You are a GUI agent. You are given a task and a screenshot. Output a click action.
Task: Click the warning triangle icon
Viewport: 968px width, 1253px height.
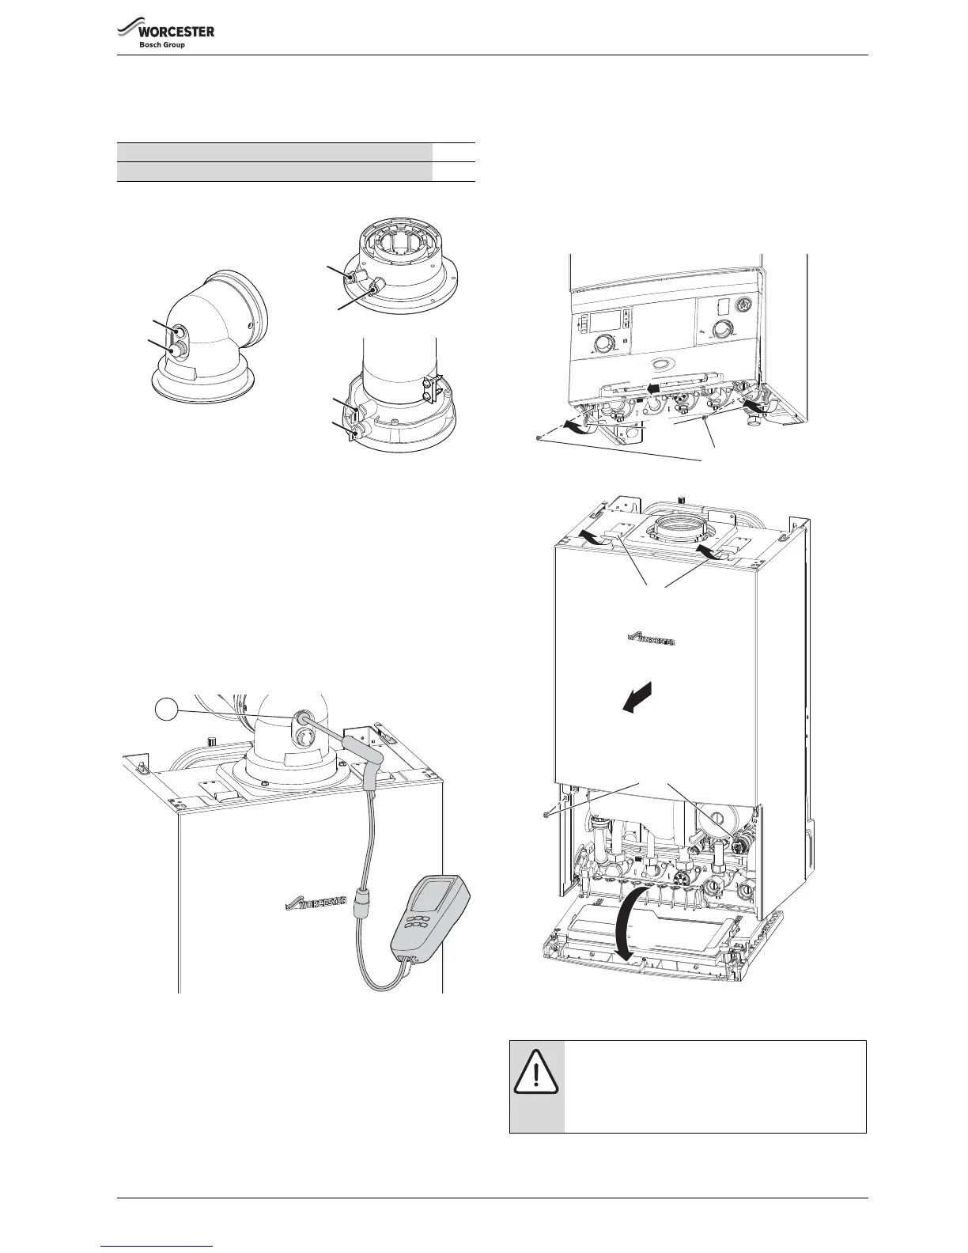[537, 1073]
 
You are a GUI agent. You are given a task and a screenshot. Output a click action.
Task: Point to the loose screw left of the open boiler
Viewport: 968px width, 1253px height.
[546, 813]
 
